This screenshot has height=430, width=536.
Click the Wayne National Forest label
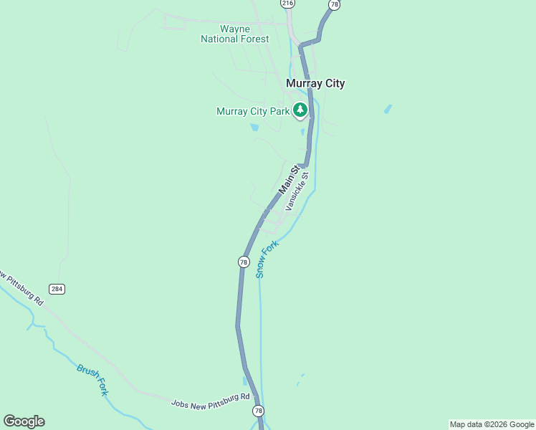(235, 34)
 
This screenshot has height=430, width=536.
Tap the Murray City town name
(315, 83)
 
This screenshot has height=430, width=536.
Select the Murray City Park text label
(253, 111)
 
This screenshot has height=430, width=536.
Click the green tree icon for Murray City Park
(300, 110)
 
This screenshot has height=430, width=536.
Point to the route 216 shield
(287, 4)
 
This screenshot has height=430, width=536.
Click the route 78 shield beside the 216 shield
(334, 4)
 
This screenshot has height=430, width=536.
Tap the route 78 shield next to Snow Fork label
(244, 262)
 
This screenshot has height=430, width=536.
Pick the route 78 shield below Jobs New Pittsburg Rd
(258, 411)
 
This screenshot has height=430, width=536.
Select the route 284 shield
(57, 288)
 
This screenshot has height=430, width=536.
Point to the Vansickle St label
(297, 191)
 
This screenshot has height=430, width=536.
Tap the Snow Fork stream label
(267, 259)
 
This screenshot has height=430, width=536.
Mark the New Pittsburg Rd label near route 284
(21, 287)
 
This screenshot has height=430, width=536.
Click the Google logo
(24, 421)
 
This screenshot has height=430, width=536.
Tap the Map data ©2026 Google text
(491, 424)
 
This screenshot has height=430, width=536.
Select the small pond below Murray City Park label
(254, 128)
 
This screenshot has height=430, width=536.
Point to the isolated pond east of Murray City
(388, 109)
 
